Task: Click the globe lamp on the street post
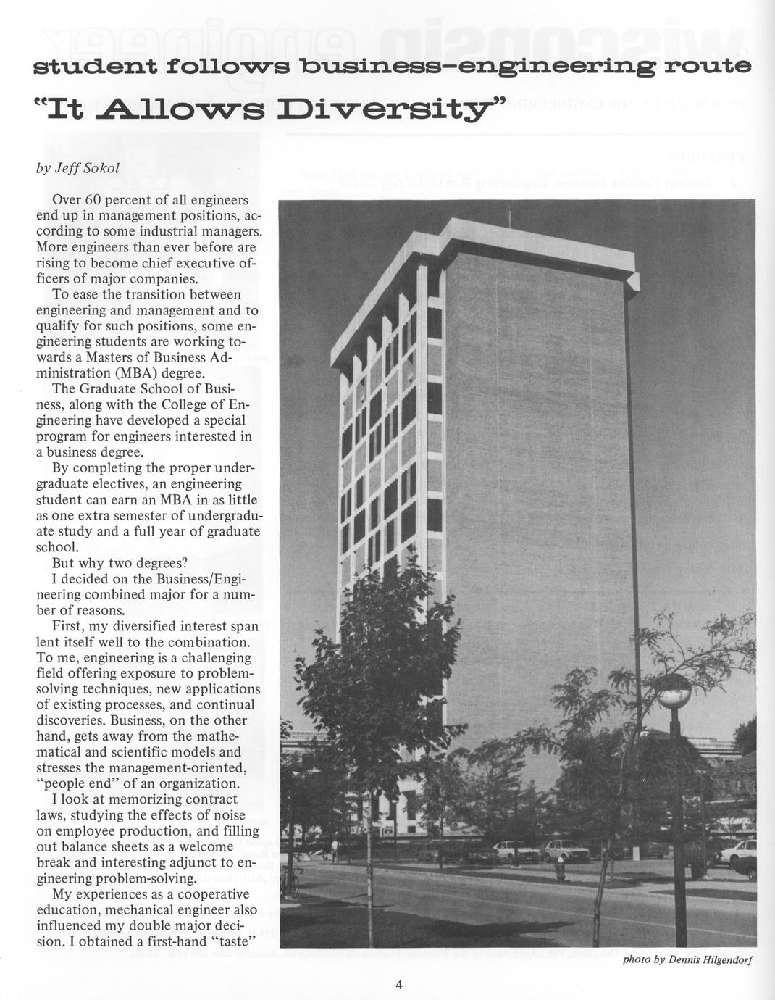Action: click(x=674, y=692)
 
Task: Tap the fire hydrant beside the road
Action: click(x=560, y=867)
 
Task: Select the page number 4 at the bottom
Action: click(x=399, y=983)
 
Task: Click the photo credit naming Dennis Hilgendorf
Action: click(x=688, y=960)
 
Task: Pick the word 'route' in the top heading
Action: click(x=709, y=67)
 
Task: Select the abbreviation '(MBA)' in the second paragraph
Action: click(x=129, y=374)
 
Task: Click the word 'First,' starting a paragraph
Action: click(x=70, y=626)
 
